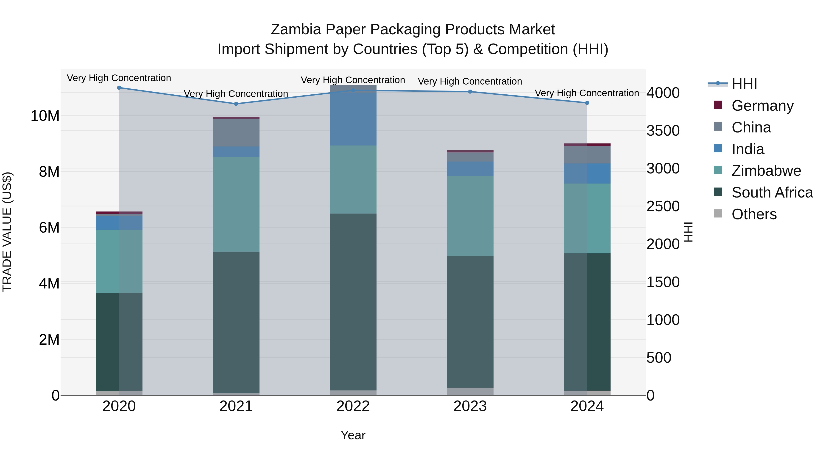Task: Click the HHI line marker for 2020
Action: (119, 88)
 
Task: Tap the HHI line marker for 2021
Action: (236, 104)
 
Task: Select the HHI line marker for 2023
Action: (470, 92)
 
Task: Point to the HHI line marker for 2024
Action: (587, 103)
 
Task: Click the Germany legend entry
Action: (762, 106)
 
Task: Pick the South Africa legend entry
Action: (772, 192)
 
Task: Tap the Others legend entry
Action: (754, 214)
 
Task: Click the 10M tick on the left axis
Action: (45, 116)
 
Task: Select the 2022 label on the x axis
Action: (353, 406)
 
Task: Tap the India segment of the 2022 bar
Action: (353, 115)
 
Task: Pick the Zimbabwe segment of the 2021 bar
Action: (236, 204)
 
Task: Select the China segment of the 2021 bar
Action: (236, 133)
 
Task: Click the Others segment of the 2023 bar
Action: (470, 391)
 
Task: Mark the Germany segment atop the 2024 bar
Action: (587, 145)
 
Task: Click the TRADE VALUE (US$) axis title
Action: (7, 232)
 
